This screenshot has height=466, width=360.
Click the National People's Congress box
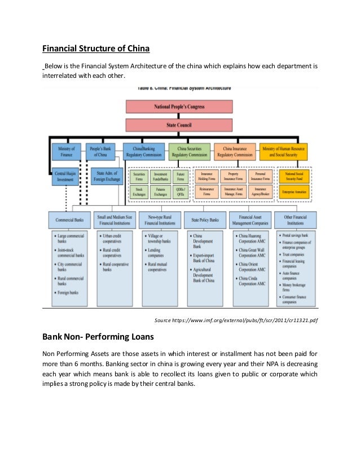179,106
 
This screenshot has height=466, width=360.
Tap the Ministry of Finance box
67,151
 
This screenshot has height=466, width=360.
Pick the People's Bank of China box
101,151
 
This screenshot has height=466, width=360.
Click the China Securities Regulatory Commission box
189,151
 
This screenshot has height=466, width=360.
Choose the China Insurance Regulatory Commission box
235,151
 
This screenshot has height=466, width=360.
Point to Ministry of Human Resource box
284,151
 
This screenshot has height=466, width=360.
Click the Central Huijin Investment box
65,176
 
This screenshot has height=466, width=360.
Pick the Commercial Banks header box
67,219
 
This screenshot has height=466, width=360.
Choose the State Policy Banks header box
204,219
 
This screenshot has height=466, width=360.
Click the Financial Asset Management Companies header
249,219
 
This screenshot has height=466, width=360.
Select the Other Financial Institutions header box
295,219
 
